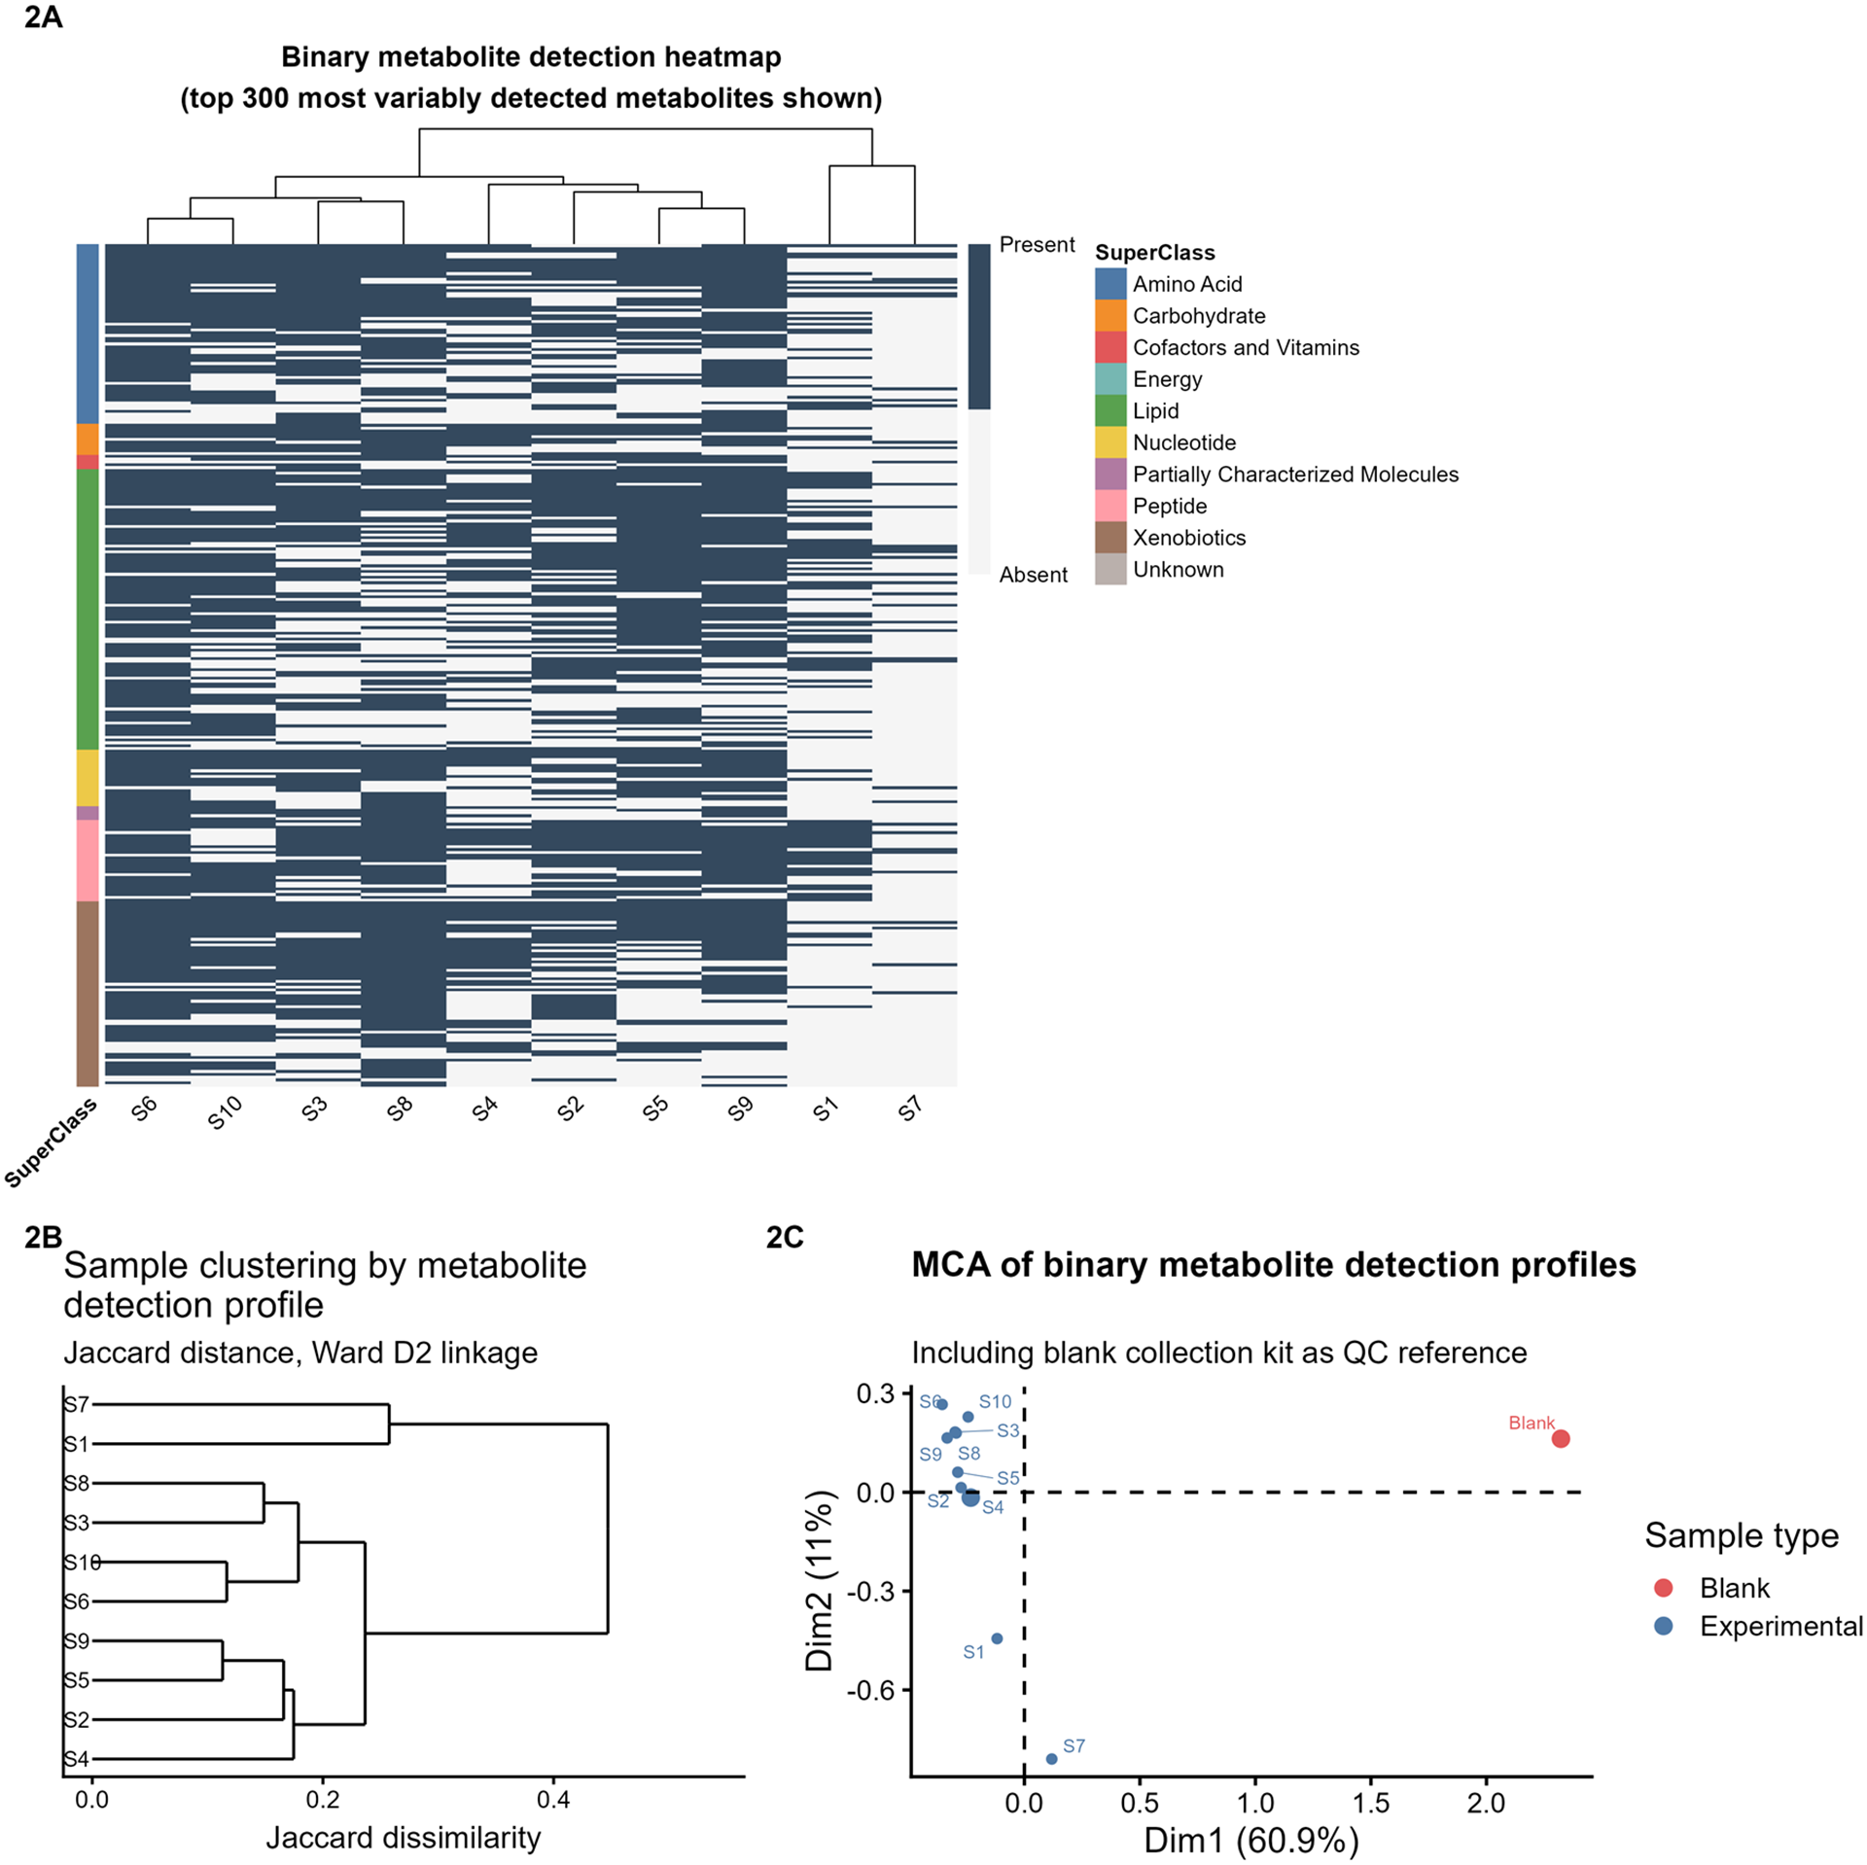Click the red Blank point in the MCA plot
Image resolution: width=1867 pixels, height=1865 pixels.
[x=1561, y=1438]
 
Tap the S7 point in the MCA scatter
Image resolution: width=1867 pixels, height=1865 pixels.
[x=1051, y=1759]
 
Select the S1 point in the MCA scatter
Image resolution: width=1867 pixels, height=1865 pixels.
[x=997, y=1638]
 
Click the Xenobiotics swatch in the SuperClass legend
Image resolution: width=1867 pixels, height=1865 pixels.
[x=1110, y=538]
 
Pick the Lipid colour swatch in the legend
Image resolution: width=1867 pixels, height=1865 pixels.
[x=1110, y=410]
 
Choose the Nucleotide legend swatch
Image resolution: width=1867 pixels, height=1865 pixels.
[x=1110, y=442]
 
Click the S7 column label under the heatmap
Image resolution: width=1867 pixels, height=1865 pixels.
[x=910, y=1109]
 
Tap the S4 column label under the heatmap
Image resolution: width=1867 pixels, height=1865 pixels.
[x=485, y=1109]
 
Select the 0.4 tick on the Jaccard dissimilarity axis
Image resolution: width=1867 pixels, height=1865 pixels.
[x=553, y=1800]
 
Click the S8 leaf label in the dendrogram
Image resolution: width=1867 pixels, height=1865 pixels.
[x=77, y=1483]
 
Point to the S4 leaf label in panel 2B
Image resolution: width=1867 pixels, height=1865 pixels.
[x=77, y=1759]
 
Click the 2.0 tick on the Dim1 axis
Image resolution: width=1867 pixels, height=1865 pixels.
[x=1486, y=1804]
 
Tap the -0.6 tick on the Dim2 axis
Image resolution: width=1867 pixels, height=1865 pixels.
[x=871, y=1690]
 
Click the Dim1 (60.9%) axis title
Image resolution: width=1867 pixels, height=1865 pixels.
[x=1251, y=1840]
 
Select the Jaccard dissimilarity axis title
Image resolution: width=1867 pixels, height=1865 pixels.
[x=404, y=1838]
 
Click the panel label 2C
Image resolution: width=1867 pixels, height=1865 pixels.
[x=785, y=1237]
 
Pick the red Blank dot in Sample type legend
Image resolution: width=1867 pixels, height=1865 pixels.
[x=1664, y=1588]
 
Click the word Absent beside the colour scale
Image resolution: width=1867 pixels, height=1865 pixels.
[x=1033, y=575]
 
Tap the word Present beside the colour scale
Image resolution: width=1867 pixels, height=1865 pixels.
[x=1037, y=245]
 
